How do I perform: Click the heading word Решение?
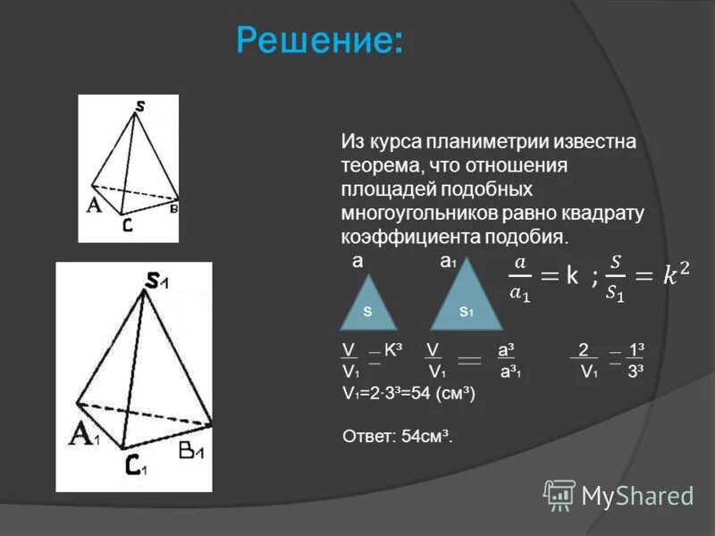(318, 39)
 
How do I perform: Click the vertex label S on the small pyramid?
(140, 106)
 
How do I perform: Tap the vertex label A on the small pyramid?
(93, 205)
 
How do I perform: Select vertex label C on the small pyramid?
(128, 227)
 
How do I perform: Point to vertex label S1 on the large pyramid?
(157, 281)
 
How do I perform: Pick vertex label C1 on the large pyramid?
(135, 466)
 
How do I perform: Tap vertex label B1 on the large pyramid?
(191, 451)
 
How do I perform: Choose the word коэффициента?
(409, 237)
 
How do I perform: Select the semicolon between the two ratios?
(593, 278)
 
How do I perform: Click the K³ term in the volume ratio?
(391, 350)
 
